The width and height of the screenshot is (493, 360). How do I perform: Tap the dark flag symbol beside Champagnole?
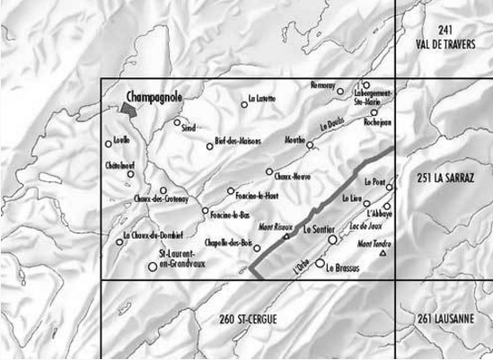click(x=131, y=107)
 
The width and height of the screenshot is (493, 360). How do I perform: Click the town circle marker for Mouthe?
click(x=310, y=145)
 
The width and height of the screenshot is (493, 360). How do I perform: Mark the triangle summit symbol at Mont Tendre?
click(x=383, y=254)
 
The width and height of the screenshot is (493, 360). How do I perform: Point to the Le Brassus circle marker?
click(x=319, y=262)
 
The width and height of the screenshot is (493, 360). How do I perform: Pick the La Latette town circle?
click(x=244, y=103)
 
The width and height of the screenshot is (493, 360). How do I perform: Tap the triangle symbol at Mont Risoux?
click(x=286, y=237)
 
